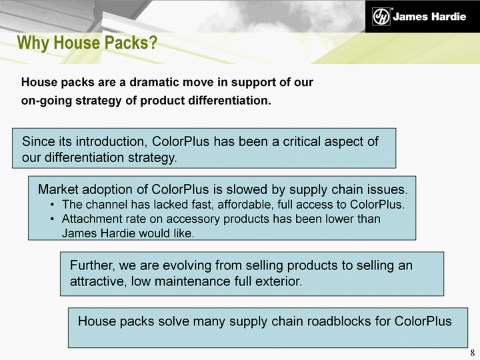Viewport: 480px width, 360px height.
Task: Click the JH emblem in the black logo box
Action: [x=381, y=16]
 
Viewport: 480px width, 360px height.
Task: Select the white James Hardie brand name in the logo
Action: [x=429, y=17]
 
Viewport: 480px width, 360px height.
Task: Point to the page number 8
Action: [x=473, y=353]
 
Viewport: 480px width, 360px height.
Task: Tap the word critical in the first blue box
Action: [x=302, y=141]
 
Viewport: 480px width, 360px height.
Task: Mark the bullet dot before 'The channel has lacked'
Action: [x=53, y=205]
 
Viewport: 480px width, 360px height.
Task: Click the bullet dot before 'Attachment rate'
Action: [x=53, y=219]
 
